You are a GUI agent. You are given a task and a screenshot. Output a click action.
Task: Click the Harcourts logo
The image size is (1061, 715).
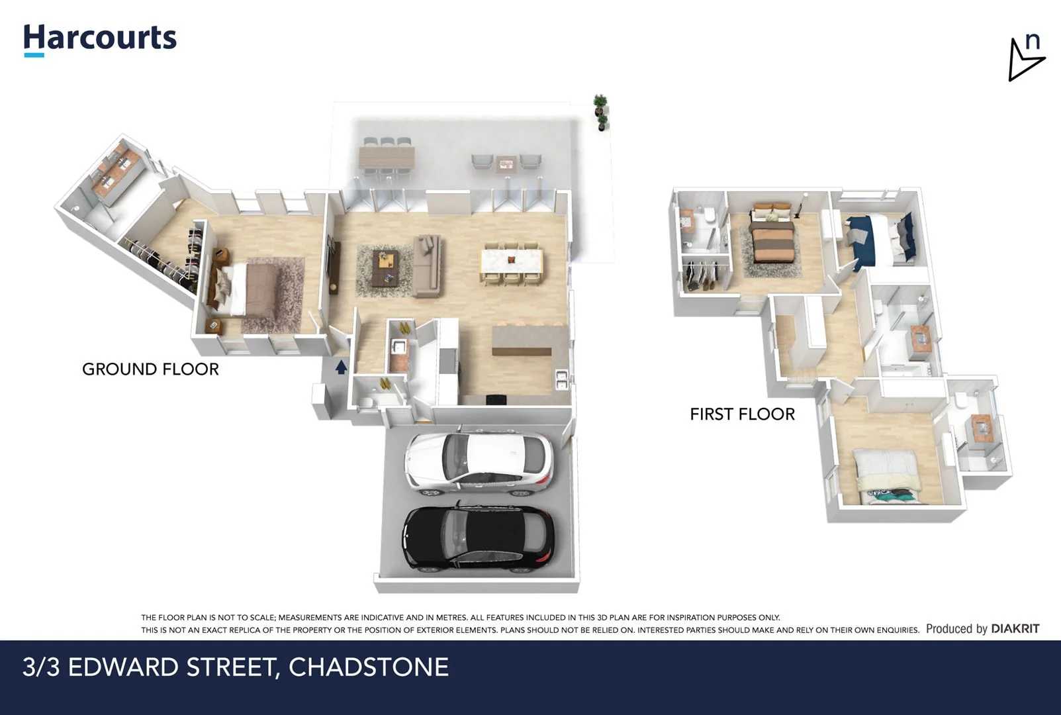tap(100, 38)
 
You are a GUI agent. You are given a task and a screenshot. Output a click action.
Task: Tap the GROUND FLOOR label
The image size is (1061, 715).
tap(150, 369)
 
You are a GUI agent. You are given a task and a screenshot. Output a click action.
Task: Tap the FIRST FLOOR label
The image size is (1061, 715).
tap(742, 414)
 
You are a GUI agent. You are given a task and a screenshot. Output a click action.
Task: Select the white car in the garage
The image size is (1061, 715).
tap(478, 463)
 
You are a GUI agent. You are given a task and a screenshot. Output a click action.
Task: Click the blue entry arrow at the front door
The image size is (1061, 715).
tap(341, 367)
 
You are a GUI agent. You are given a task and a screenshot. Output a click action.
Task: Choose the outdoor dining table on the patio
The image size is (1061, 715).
tap(387, 157)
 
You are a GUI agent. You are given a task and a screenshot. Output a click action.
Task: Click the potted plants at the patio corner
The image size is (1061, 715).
tap(600, 112)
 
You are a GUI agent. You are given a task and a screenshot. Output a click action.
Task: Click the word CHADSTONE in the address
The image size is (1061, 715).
tap(368, 667)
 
